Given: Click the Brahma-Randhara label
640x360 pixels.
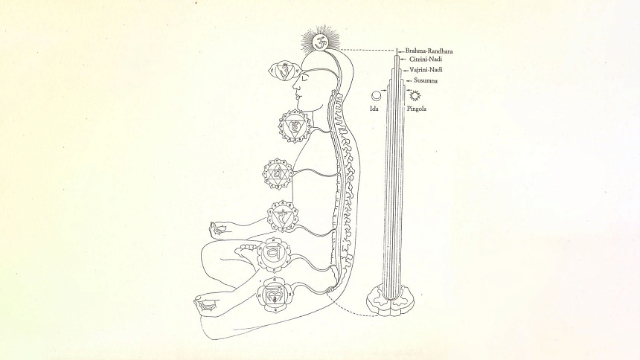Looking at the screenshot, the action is point(429,51).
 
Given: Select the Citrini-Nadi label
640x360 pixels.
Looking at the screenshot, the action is point(426,60).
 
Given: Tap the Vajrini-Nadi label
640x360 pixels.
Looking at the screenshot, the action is point(426,70).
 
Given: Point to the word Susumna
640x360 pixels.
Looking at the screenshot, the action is point(426,80).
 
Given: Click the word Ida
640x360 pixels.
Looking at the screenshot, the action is point(374,109).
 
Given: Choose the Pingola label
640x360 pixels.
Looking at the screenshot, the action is point(417,109).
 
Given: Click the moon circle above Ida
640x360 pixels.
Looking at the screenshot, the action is point(376,96).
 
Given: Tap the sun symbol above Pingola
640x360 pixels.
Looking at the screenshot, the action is point(415,95).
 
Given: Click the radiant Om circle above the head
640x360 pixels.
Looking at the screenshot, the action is point(319,42).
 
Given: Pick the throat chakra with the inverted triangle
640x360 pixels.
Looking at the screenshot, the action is point(294,126).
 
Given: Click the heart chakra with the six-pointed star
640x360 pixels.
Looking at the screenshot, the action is point(277,174).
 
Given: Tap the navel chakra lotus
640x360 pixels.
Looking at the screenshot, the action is point(283,216).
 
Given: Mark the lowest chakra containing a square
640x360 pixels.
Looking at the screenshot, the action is point(272,295).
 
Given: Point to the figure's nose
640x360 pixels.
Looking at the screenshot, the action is point(294,87).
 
